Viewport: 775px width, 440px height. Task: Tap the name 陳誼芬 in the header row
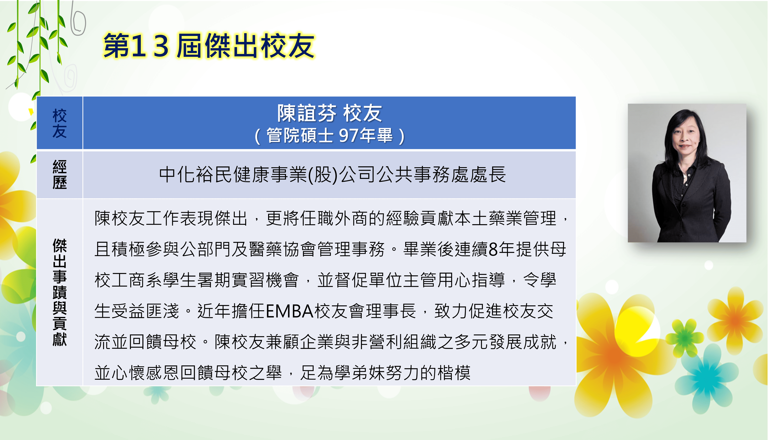click(x=307, y=113)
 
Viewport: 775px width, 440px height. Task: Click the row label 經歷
click(x=60, y=175)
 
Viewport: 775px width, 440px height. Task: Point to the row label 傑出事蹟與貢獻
click(x=60, y=292)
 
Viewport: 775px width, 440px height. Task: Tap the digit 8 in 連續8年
click(x=493, y=249)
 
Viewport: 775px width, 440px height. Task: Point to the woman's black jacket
click(x=691, y=203)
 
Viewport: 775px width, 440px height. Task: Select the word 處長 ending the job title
click(x=488, y=175)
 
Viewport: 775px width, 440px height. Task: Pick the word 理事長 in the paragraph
click(x=391, y=311)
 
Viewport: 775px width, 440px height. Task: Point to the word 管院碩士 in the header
click(x=300, y=135)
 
